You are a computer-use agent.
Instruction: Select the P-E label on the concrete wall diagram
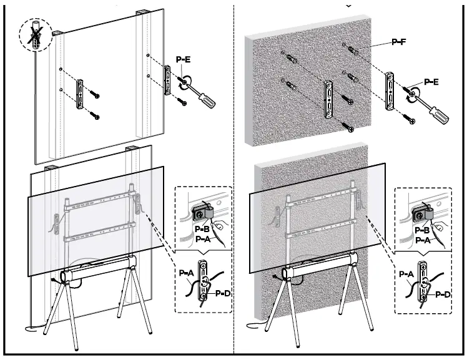point(431,81)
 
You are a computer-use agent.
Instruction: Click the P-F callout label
point(399,42)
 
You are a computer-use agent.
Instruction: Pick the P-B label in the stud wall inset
point(202,230)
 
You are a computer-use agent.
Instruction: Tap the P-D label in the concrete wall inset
point(443,293)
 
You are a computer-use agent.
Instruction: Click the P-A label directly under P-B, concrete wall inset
point(422,240)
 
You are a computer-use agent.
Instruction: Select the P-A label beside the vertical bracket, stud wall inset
point(186,273)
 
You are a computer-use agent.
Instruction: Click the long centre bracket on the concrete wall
point(328,99)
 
